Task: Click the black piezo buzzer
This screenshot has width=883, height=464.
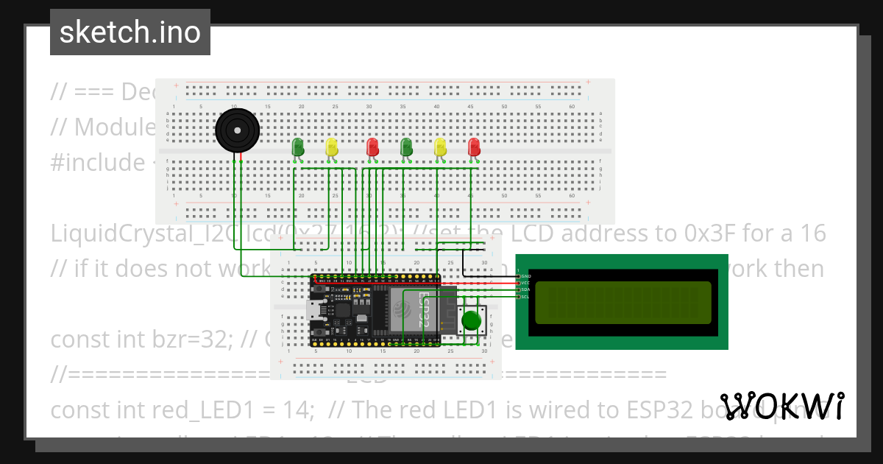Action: click(237, 132)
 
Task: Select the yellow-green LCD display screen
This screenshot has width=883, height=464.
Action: click(623, 303)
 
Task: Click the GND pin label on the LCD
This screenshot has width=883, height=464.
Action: click(525, 275)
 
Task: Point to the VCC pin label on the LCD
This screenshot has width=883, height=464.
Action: click(525, 283)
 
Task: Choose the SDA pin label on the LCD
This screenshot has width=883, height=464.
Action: click(525, 289)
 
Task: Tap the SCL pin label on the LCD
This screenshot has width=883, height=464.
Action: click(525, 297)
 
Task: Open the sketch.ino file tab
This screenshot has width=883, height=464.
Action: click(130, 32)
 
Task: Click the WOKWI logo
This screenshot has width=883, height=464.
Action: click(781, 407)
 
